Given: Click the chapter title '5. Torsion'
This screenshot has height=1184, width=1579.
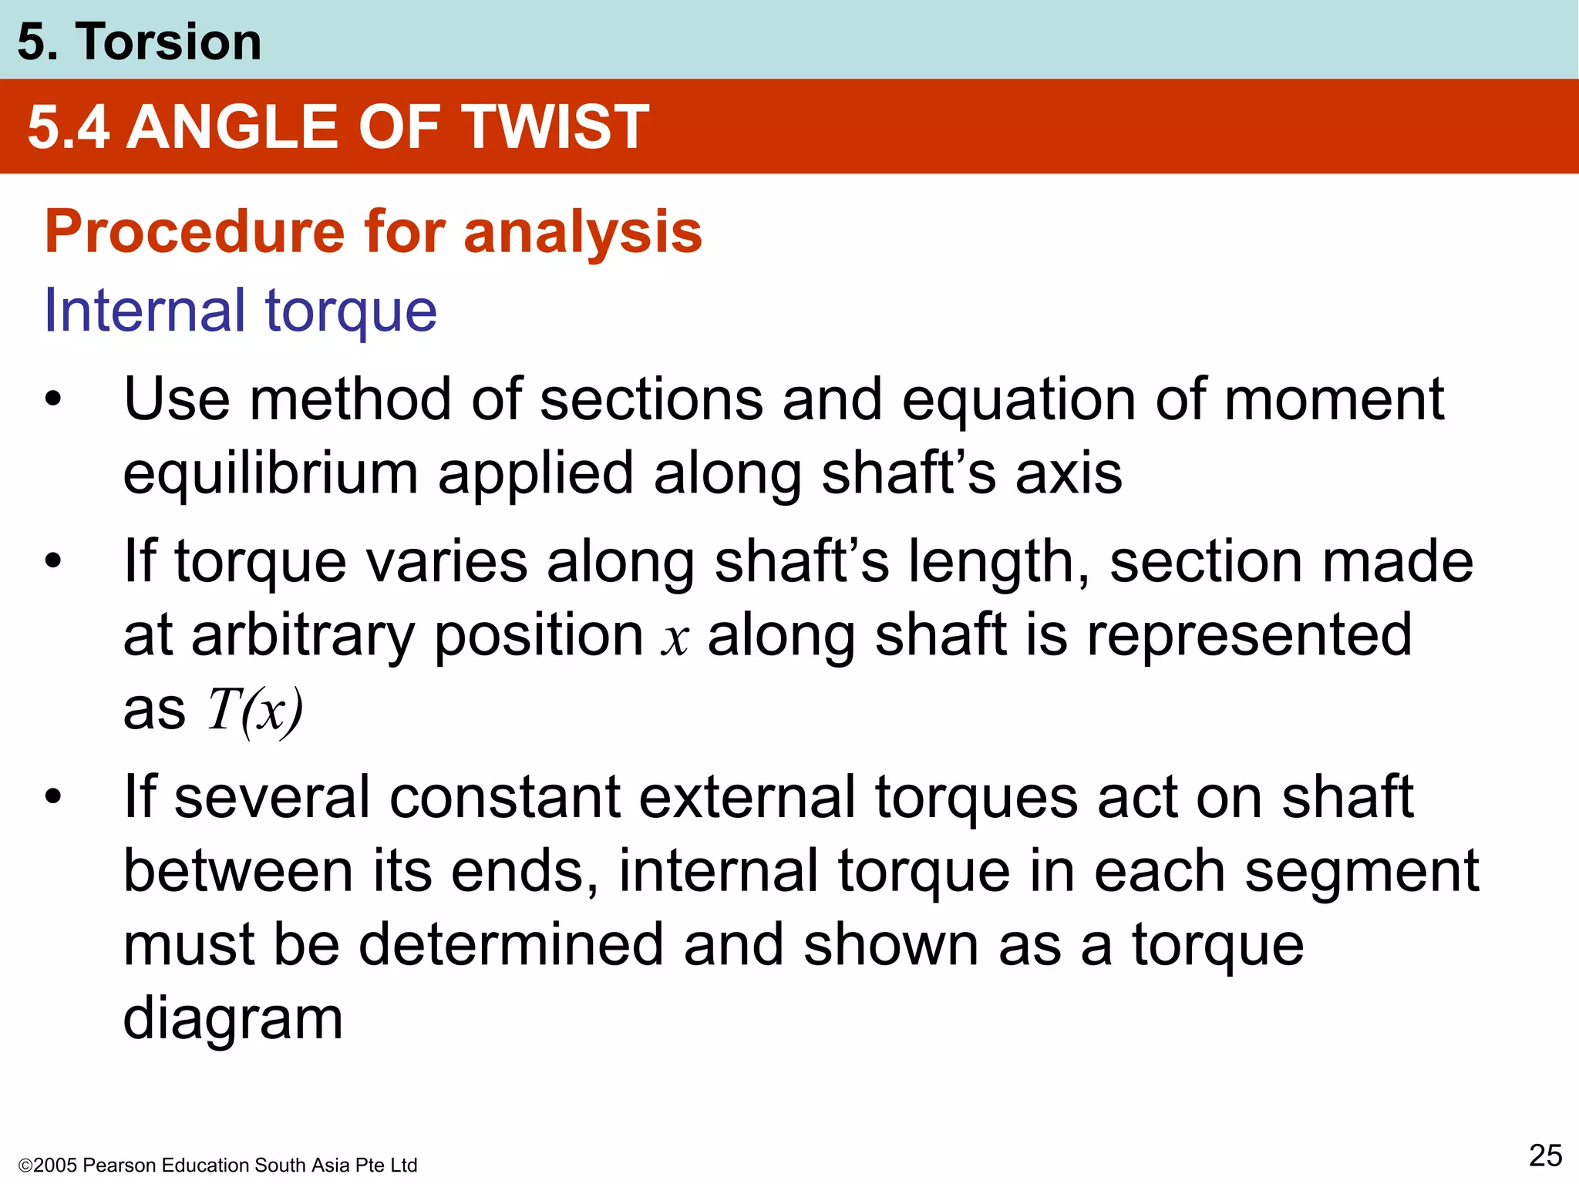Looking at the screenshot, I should click(139, 42).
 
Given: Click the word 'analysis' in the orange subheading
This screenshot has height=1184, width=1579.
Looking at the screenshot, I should click(582, 233).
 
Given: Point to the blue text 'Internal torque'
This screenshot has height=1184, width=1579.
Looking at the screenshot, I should click(241, 311).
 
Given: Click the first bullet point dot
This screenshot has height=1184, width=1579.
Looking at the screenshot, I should click(52, 400).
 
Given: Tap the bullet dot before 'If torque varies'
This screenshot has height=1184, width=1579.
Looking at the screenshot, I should click(52, 561).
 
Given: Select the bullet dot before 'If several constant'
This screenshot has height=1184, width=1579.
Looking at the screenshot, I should click(52, 797).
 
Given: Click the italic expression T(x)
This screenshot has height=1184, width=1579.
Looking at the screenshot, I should click(255, 710).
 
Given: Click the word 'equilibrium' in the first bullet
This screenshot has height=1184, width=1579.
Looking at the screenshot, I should click(270, 474).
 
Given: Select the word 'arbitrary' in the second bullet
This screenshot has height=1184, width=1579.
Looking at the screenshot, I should click(303, 636).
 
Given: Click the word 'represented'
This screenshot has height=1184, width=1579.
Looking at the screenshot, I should click(1249, 636).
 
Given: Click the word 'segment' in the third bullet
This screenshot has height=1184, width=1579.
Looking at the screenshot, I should click(1362, 872).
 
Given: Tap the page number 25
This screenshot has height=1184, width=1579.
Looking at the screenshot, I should click(1545, 1156).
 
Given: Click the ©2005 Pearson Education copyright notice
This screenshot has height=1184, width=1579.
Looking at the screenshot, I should click(217, 1165).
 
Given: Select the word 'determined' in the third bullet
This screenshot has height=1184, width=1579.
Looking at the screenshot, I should click(511, 946).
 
